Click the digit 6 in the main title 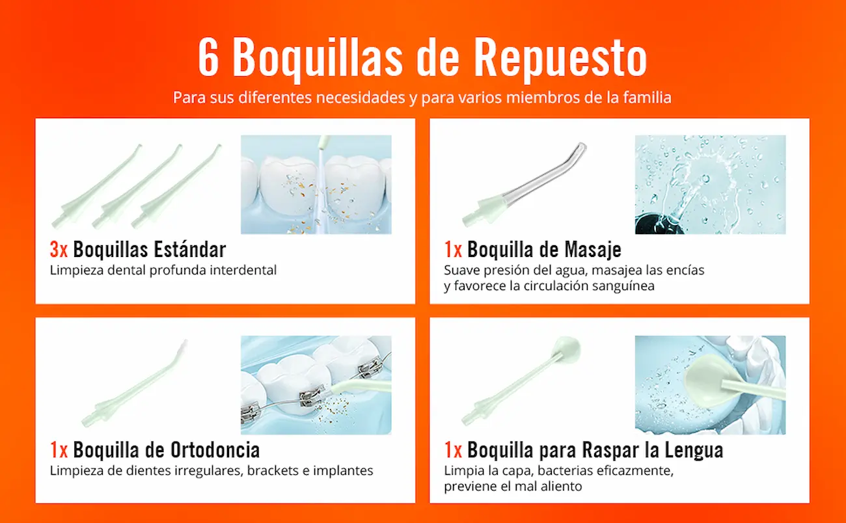(208, 57)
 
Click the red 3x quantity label (59, 249)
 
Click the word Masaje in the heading (593, 250)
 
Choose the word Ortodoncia (215, 449)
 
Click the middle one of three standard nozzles (137, 187)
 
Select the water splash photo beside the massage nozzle (710, 185)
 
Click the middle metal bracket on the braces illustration (312, 396)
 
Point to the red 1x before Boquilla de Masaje (453, 249)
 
